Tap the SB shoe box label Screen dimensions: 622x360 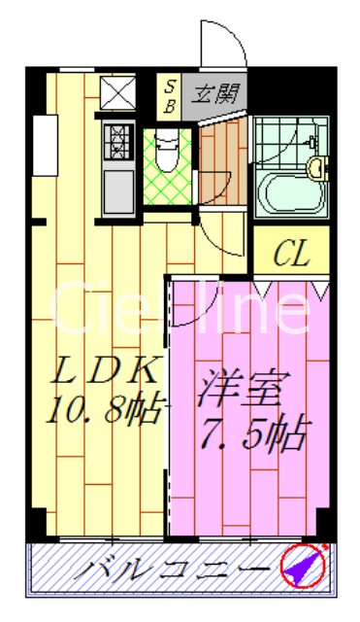point(169,95)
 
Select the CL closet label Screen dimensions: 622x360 point(291,255)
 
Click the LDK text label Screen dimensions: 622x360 point(97,373)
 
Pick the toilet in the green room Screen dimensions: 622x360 point(167,155)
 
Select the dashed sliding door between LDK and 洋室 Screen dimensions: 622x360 point(171,408)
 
